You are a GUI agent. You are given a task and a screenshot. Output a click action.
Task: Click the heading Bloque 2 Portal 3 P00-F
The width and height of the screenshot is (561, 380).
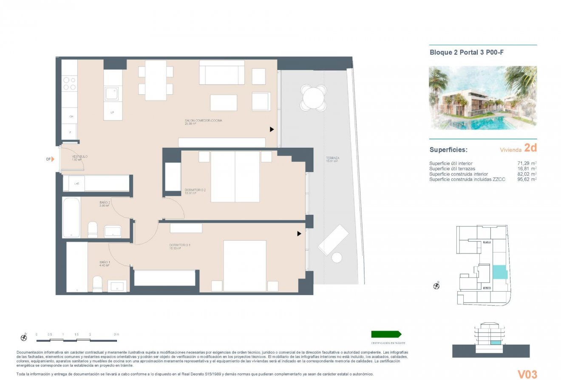(x=467, y=53)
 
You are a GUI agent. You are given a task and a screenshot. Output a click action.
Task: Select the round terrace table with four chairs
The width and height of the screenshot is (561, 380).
(x=313, y=98)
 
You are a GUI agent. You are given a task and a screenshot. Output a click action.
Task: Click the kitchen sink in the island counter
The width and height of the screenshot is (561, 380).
(x=112, y=93)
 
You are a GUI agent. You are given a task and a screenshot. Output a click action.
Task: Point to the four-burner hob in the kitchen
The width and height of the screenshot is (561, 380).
(x=69, y=83)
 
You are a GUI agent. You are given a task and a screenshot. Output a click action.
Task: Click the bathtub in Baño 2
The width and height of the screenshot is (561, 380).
(x=71, y=217)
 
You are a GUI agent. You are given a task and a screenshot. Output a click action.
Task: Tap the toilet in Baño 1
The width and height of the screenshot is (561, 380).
(x=97, y=284)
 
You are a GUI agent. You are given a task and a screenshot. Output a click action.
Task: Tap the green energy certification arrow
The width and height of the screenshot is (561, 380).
(x=386, y=334)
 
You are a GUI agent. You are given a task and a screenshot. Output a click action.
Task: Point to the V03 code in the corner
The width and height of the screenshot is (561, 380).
(x=527, y=374)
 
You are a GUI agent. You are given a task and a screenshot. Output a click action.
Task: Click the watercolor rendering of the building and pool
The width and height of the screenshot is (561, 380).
(x=483, y=98)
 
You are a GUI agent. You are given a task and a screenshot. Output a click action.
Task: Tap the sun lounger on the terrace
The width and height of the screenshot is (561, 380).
(x=333, y=239)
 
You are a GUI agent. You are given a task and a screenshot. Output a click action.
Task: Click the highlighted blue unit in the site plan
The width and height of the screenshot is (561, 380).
(x=499, y=272)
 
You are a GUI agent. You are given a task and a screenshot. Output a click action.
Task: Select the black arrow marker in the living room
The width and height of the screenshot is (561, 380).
(x=272, y=129)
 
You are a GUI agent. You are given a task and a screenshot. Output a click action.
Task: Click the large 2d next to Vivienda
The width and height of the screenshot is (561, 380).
(x=530, y=148)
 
